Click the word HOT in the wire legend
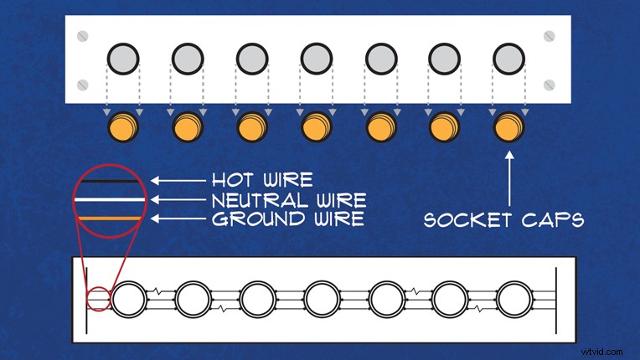point(233,180)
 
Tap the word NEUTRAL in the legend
point(255,200)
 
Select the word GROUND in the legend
point(258,219)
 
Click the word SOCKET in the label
point(467,220)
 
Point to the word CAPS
point(554,219)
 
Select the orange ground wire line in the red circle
point(110,219)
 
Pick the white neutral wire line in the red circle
point(110,200)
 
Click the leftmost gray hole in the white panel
point(123,59)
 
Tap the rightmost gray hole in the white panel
point(508,59)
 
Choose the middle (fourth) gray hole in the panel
point(317,59)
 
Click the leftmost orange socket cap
point(123,126)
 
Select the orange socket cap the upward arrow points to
point(508,126)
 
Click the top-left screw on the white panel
point(82,36)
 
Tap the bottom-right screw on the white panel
point(550,85)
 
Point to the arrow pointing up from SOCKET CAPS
point(509,178)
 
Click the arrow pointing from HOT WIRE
point(178,180)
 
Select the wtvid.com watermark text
point(602,352)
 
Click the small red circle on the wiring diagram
point(99,299)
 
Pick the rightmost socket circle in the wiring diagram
point(514,299)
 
